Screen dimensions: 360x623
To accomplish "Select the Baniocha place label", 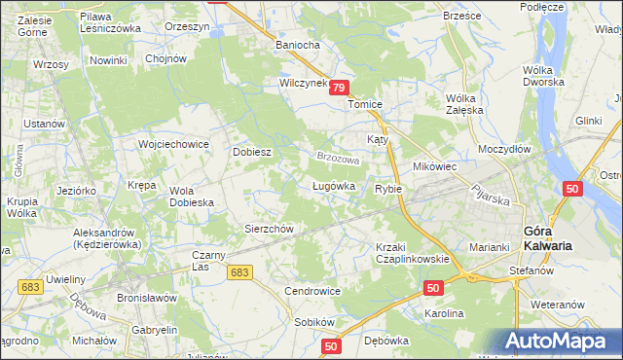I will click(298, 45).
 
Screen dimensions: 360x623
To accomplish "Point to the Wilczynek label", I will click(303, 85).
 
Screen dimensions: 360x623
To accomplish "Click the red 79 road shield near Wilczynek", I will click(338, 88).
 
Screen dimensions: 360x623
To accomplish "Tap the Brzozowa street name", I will click(337, 157).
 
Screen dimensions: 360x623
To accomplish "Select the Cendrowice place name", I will click(311, 291).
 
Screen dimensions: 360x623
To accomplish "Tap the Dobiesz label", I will click(251, 153).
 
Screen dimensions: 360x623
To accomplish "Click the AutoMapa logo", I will click(558, 340).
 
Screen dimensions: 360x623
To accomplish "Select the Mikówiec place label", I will click(435, 166).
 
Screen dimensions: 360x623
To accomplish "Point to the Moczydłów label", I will click(504, 149).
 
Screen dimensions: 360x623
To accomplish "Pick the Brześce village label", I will click(462, 16).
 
